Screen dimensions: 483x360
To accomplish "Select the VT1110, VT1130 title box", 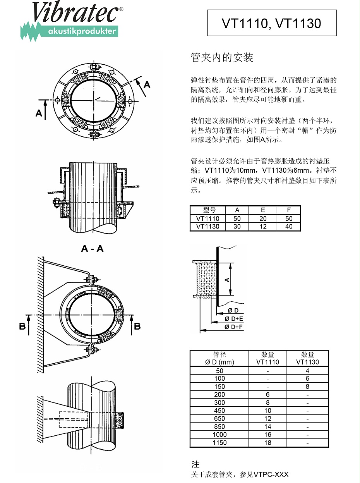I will click(x=272, y=23).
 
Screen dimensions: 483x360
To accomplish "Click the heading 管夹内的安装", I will click(x=222, y=58).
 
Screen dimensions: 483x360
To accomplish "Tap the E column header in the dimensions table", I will click(x=263, y=210).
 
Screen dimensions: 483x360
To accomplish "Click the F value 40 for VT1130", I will click(x=289, y=226).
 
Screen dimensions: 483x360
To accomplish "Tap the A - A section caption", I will click(x=92, y=249).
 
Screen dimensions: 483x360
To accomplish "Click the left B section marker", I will click(x=23, y=327).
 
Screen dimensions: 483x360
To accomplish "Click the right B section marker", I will click(x=137, y=327).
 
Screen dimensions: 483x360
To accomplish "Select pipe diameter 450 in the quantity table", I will click(x=219, y=411).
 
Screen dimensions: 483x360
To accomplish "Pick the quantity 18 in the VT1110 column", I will click(x=267, y=443).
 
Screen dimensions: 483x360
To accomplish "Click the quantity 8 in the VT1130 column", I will click(x=307, y=387).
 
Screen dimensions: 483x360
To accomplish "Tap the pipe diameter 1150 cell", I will click(x=219, y=443).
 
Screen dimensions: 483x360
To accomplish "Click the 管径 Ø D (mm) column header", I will click(x=219, y=358).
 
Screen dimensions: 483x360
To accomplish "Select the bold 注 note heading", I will click(x=195, y=464).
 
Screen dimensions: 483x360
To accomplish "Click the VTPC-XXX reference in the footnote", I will click(x=271, y=474).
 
